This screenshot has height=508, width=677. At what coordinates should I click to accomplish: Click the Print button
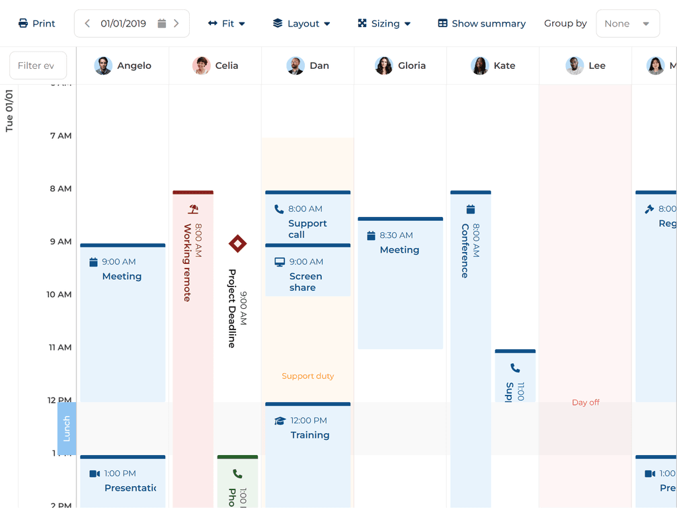(x=37, y=24)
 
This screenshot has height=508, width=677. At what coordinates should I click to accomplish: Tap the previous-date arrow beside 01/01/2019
(x=87, y=24)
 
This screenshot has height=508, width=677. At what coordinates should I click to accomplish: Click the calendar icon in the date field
(x=162, y=24)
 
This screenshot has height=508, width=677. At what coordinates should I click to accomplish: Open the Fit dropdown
(x=226, y=24)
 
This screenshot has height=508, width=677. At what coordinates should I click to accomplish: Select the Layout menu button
(x=301, y=24)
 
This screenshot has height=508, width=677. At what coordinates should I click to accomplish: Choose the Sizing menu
(x=384, y=24)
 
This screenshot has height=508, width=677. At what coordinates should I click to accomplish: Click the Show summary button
(x=481, y=24)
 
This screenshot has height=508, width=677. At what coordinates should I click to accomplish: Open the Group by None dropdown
(x=627, y=24)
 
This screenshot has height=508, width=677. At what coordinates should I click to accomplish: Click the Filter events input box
(x=38, y=65)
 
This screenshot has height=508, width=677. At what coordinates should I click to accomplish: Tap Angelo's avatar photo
(x=103, y=65)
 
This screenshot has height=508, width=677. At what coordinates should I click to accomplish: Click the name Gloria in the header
(x=411, y=65)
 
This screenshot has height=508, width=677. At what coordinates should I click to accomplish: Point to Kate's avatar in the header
(x=479, y=65)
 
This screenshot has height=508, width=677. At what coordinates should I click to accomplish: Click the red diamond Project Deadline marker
(x=237, y=243)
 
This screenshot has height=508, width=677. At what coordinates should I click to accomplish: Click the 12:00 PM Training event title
(x=309, y=435)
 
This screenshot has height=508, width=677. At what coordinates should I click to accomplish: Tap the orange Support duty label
(x=307, y=376)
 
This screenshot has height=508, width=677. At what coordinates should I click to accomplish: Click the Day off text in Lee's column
(x=585, y=402)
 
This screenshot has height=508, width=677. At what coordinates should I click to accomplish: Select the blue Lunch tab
(x=67, y=429)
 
